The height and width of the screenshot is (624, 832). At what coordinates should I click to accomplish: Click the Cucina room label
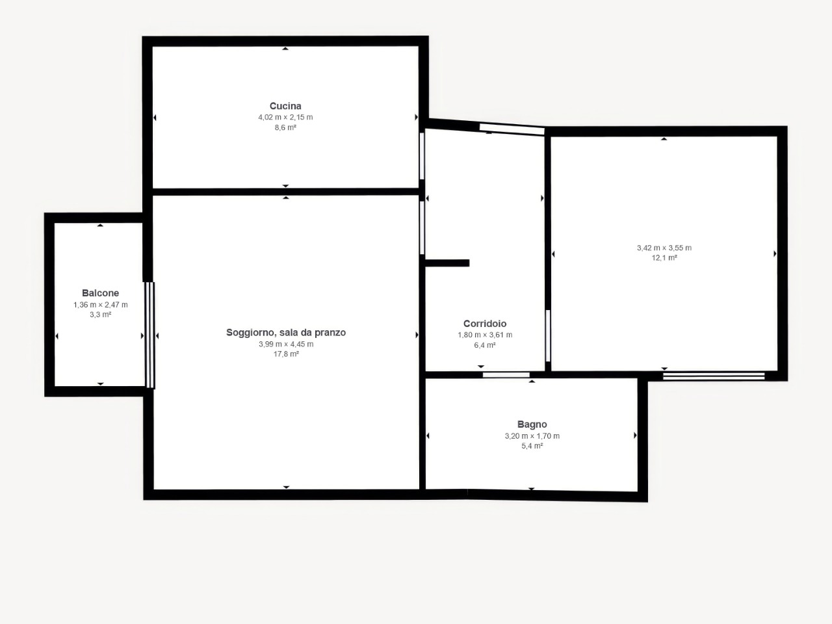(x=285, y=106)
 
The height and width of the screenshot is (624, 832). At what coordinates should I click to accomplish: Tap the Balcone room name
(x=101, y=293)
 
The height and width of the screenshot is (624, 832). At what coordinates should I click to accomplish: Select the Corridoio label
(x=485, y=324)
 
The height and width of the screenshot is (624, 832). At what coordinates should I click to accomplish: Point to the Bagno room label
(x=532, y=424)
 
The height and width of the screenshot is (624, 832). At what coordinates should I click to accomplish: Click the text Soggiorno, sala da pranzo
(x=286, y=332)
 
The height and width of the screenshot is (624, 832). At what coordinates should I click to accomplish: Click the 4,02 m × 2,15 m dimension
(x=285, y=117)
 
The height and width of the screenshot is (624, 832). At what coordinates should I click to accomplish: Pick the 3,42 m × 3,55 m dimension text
(x=664, y=248)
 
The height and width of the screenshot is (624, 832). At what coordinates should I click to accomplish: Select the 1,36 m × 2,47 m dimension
(x=101, y=305)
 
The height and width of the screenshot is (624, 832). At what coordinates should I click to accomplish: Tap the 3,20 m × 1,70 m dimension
(x=532, y=436)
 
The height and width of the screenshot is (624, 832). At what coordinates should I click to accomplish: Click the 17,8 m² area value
(x=286, y=354)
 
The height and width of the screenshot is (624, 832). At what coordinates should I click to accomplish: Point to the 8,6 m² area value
(x=285, y=127)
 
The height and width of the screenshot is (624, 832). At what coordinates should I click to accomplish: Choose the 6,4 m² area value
(x=485, y=345)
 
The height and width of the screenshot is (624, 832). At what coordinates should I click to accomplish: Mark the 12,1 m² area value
(x=664, y=258)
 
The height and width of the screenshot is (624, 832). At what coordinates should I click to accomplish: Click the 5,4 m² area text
(x=532, y=446)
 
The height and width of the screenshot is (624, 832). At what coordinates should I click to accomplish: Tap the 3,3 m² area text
(x=101, y=315)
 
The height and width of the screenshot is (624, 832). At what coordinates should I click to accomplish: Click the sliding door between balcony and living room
(x=150, y=335)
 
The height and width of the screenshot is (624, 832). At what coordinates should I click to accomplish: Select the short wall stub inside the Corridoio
(x=447, y=263)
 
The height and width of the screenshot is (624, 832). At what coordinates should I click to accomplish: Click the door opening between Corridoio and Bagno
(x=506, y=375)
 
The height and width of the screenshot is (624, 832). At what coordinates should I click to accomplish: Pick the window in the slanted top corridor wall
(x=512, y=129)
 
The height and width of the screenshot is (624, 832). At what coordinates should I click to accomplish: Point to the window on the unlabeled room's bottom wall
(x=714, y=376)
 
